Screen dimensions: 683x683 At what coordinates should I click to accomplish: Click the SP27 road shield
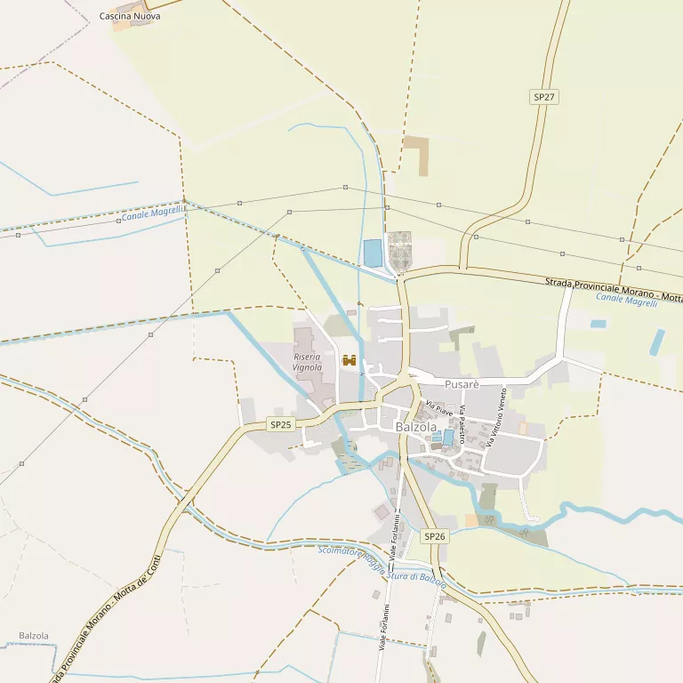(544, 96)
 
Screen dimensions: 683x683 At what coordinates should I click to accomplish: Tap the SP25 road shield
(280, 425)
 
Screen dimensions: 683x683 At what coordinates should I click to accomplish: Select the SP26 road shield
(434, 536)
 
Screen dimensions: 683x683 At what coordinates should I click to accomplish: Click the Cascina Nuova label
(130, 16)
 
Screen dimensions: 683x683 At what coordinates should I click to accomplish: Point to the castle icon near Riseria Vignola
(350, 360)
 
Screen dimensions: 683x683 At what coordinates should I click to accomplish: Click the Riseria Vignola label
(308, 362)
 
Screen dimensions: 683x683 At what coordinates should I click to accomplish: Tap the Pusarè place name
(462, 384)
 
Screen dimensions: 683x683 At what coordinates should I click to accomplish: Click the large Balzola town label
(416, 427)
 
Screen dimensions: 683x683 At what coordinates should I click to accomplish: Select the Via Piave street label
(438, 408)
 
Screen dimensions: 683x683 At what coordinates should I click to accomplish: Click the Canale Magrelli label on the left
(153, 213)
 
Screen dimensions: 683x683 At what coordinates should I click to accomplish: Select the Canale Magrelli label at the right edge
(626, 300)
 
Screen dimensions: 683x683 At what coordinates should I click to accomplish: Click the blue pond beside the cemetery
(372, 253)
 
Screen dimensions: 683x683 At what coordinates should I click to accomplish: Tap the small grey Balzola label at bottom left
(34, 636)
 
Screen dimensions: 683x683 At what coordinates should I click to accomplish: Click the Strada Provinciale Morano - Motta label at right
(614, 288)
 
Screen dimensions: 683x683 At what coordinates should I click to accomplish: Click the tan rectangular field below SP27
(416, 155)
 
